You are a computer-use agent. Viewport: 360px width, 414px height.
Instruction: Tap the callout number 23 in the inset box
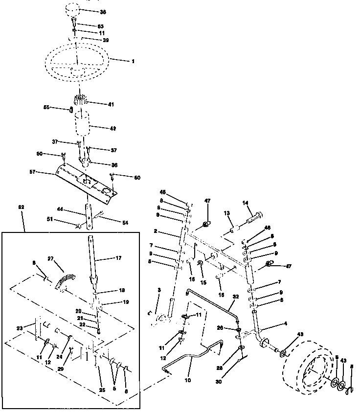(20, 328)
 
